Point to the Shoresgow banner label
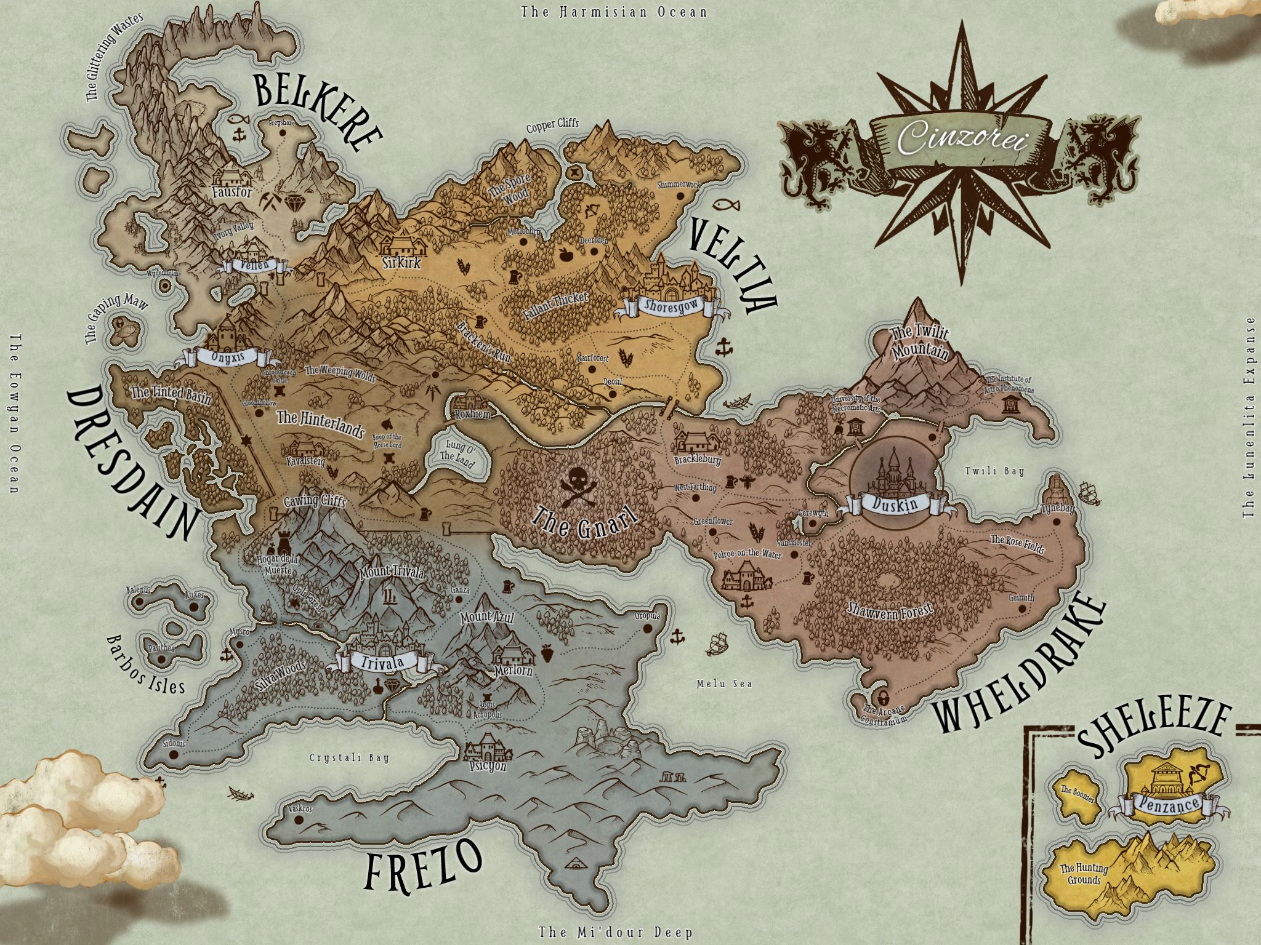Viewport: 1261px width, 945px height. [x=671, y=306]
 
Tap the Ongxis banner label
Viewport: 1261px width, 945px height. [x=228, y=357]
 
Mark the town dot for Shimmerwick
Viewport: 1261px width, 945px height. [x=681, y=196]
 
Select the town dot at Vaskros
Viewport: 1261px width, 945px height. [x=299, y=819]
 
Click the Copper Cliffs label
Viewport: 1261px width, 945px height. [x=552, y=125]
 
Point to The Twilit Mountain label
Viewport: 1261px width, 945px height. [x=919, y=342]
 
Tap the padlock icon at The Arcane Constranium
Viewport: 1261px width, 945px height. [x=883, y=698]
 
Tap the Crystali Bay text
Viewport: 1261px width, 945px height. [x=349, y=758]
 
